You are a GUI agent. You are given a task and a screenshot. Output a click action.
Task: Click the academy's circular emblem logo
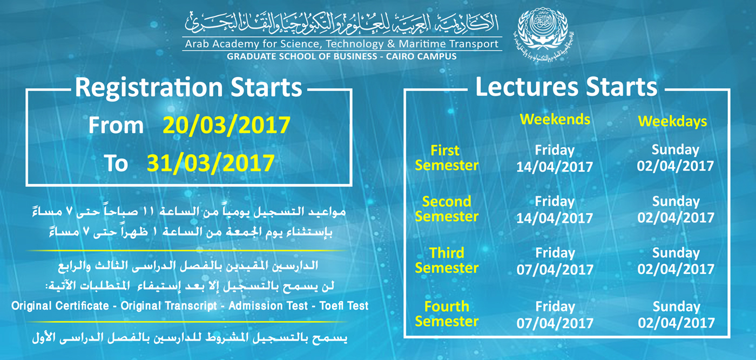click(543, 36)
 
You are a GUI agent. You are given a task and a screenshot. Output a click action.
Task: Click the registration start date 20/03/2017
click(226, 125)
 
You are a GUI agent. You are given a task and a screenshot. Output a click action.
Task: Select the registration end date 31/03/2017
click(211, 164)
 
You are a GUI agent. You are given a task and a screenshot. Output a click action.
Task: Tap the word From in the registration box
click(116, 126)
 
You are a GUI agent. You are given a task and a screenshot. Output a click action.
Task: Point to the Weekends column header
click(555, 119)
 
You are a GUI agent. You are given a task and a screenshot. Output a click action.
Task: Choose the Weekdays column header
click(672, 121)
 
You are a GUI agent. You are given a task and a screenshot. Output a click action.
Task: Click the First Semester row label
click(447, 158)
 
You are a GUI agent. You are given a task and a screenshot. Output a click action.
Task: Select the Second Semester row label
click(447, 209)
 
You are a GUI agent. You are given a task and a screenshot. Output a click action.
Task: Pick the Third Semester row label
click(447, 261)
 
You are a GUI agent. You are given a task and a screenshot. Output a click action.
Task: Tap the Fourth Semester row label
click(447, 314)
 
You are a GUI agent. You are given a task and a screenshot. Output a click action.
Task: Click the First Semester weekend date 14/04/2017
click(555, 167)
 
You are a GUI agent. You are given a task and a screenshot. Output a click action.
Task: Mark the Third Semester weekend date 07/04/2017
click(555, 269)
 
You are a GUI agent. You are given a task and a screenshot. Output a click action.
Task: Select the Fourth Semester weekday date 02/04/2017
click(676, 323)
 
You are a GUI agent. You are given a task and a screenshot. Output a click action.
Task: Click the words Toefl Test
click(344, 305)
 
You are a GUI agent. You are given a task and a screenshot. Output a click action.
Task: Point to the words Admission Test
click(268, 305)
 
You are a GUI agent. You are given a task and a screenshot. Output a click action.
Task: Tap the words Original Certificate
click(60, 305)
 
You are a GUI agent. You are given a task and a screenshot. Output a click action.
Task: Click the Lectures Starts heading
click(566, 87)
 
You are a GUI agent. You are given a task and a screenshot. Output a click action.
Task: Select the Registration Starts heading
click(188, 87)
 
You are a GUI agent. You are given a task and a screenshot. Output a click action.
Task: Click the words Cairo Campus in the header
click(421, 56)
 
